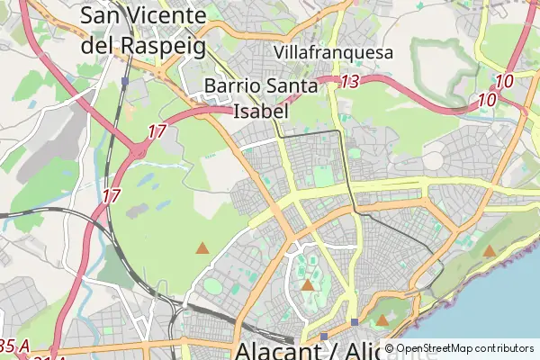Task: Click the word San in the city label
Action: [x=103, y=15]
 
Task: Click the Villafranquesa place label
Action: [x=335, y=53]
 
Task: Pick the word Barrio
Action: [x=237, y=86]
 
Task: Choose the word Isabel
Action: [x=260, y=112]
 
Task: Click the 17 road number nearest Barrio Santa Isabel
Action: [x=157, y=131]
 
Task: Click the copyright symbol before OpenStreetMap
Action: [x=389, y=348]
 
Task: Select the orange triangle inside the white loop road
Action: [x=307, y=285]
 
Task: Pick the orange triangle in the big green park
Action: [x=202, y=247]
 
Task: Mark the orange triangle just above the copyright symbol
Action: [x=382, y=319]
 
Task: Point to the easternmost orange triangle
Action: [x=489, y=251]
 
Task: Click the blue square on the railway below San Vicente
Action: [x=125, y=81]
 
